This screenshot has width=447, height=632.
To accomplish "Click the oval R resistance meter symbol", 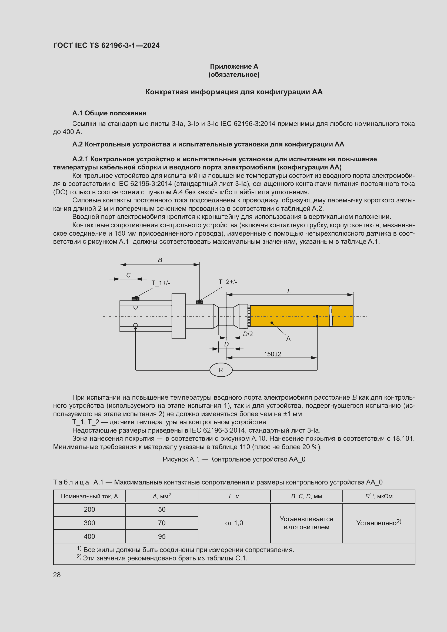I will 221,370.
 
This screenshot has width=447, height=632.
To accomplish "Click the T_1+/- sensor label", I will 161,283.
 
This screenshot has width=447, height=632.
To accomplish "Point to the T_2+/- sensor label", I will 228,282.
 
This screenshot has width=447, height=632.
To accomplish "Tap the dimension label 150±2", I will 272,354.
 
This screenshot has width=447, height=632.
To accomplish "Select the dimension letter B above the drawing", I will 160,260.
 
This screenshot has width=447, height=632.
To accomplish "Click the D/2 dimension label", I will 248,334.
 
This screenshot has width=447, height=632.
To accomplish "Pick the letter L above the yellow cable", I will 289,291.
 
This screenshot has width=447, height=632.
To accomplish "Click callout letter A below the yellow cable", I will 288,339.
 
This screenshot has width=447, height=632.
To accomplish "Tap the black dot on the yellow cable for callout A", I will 272,323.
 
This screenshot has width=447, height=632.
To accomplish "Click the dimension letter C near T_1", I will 128,275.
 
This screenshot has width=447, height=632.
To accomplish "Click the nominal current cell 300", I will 89,523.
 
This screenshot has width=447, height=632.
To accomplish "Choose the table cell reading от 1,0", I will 234,523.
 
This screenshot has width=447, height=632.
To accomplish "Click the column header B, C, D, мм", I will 306,496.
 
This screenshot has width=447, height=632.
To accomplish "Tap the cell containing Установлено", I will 378,523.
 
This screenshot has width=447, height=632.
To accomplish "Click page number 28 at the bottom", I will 57,575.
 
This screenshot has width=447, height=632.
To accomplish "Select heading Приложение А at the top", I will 234,66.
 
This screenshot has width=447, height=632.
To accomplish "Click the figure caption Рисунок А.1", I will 234,459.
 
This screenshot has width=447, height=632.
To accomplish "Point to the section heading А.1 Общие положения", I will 109,113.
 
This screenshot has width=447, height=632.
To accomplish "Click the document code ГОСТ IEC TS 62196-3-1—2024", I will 106,45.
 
